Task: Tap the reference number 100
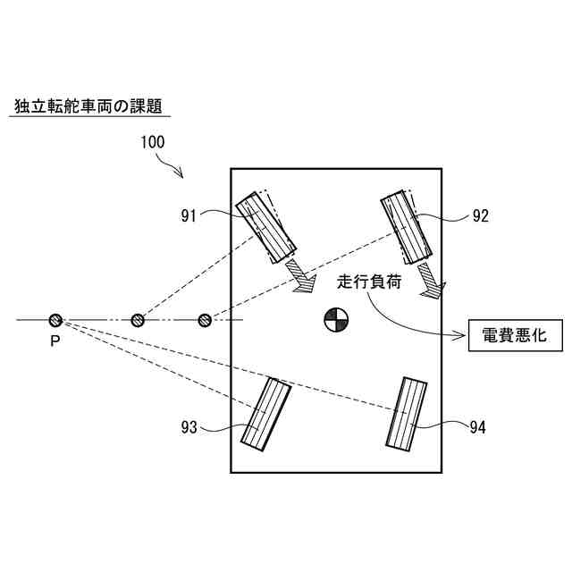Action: point(151,141)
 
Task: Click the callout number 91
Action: point(189,214)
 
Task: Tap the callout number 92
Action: point(480,215)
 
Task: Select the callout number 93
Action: point(188,427)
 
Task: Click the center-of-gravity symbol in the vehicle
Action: point(336,318)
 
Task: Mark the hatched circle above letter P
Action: point(55,320)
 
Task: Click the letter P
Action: point(55,341)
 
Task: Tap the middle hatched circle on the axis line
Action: point(138,320)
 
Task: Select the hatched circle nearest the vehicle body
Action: point(205,319)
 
